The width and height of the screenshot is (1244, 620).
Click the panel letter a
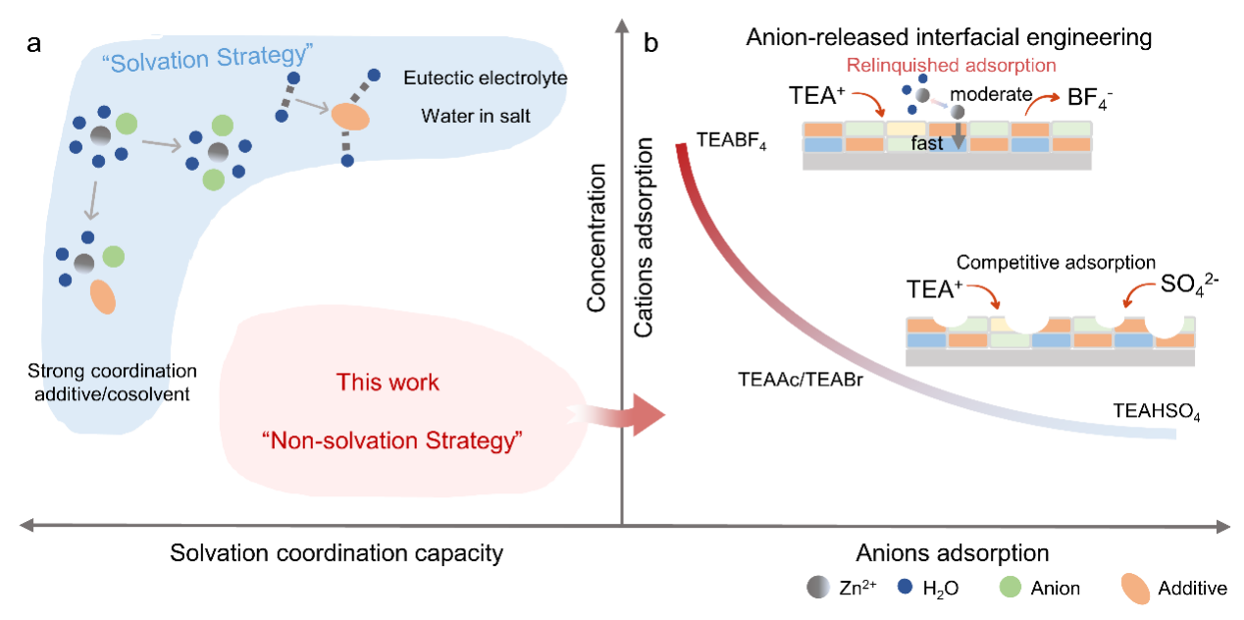(34, 44)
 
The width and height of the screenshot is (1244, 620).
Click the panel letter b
(650, 43)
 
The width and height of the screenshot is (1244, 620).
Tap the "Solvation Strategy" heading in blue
(208, 58)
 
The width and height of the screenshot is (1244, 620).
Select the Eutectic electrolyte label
(486, 77)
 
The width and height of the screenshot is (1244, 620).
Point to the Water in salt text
(476, 116)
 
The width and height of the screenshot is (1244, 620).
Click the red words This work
(388, 383)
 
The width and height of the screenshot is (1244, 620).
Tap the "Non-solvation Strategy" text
(392, 440)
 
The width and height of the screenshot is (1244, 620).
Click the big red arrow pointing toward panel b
(616, 415)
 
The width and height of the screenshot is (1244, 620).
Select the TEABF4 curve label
(732, 140)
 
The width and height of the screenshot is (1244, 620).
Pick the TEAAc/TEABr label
(801, 379)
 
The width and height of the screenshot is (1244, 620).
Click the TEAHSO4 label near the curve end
(1157, 412)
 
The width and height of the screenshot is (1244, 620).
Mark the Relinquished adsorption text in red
(951, 65)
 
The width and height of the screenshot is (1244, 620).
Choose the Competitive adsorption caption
(1056, 262)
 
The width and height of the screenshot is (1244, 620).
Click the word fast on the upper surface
(927, 143)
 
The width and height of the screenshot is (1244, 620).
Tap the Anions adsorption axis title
(953, 552)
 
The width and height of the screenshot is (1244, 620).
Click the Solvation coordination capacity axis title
(337, 553)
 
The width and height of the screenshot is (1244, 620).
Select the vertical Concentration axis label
(596, 237)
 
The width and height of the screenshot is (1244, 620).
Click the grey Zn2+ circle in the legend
(818, 588)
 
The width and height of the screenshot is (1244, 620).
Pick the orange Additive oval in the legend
(1135, 589)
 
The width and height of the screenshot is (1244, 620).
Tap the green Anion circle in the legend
(1011, 587)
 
